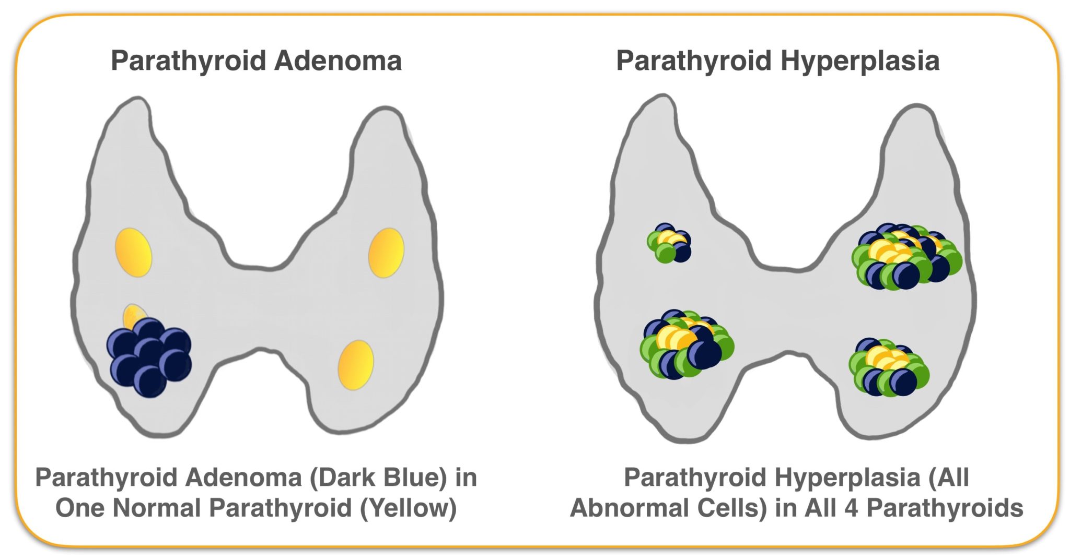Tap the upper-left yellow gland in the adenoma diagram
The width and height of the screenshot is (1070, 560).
click(x=134, y=252)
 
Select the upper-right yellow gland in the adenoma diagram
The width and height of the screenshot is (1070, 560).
click(x=386, y=253)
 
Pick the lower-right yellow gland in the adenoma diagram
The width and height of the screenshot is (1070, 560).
click(x=356, y=365)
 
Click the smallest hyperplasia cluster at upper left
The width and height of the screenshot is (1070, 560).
click(x=669, y=243)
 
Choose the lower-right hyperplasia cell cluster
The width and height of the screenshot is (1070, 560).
click(x=889, y=367)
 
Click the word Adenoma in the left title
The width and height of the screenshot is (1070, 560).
click(x=338, y=61)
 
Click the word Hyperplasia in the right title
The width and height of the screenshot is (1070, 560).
click(x=860, y=62)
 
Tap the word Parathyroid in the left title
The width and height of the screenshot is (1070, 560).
click(x=189, y=62)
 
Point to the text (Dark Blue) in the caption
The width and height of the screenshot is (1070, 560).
click(x=378, y=478)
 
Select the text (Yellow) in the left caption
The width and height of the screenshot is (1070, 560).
click(x=408, y=508)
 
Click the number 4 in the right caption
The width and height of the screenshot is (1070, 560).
click(x=851, y=508)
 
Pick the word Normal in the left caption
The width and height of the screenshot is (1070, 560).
click(x=157, y=508)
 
